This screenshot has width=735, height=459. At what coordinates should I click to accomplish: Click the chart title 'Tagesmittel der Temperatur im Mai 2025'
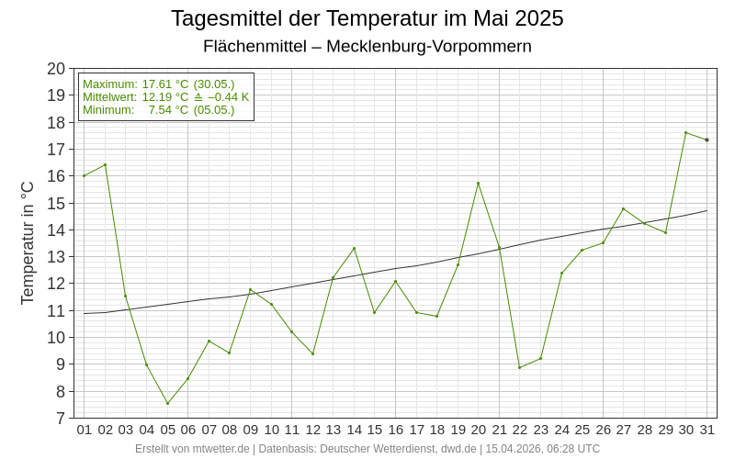point(367,18)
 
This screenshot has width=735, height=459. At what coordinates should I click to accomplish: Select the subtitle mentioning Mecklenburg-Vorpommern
point(367,46)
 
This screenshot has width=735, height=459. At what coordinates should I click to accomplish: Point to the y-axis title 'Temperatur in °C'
point(28,242)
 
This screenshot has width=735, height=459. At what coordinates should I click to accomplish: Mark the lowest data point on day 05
point(167,403)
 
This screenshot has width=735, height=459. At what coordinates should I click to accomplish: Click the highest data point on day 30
point(685,132)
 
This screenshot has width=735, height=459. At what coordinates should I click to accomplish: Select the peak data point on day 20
point(478,183)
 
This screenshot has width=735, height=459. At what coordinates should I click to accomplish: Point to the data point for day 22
point(519,367)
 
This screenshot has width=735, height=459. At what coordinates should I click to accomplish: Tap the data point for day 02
point(105,164)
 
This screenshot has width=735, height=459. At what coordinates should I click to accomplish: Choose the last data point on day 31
point(707,140)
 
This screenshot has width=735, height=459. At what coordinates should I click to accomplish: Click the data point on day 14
point(354,248)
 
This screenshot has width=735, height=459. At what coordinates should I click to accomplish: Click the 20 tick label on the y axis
point(56,69)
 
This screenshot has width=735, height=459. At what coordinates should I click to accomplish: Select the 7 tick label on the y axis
point(61,419)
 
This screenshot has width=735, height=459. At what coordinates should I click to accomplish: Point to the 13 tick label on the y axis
point(56,257)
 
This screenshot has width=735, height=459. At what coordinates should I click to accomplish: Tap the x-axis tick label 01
point(85,430)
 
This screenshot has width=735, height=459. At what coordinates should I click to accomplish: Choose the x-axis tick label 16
point(395,430)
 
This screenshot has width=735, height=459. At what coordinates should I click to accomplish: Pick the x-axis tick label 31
point(707,430)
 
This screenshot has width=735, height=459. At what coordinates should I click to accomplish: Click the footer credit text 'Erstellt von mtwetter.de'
point(192,449)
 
